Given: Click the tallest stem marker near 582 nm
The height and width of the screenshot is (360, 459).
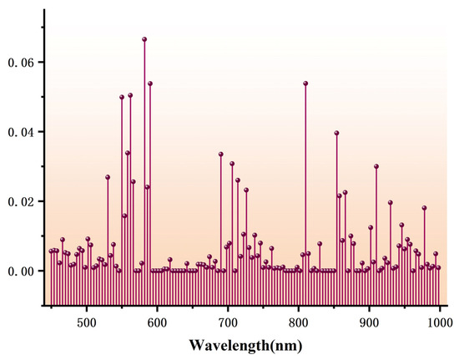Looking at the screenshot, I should pos(144,39).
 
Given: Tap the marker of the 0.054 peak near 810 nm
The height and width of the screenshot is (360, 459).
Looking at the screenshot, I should pos(305,84).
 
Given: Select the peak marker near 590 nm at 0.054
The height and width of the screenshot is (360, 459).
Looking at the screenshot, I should pos(150,84).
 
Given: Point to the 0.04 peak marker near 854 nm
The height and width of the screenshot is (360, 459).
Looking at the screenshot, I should pos(336,133).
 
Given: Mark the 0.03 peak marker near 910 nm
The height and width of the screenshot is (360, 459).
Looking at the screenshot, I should pos(376,166).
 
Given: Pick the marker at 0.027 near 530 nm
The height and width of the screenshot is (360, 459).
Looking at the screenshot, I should pos(108,177).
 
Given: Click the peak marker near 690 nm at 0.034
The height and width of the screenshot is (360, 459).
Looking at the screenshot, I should pos(221,154).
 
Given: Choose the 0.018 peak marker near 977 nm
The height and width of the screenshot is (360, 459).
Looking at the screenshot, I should pos(424,208).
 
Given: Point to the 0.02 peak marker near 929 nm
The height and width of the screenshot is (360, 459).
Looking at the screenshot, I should pos(390,203).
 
